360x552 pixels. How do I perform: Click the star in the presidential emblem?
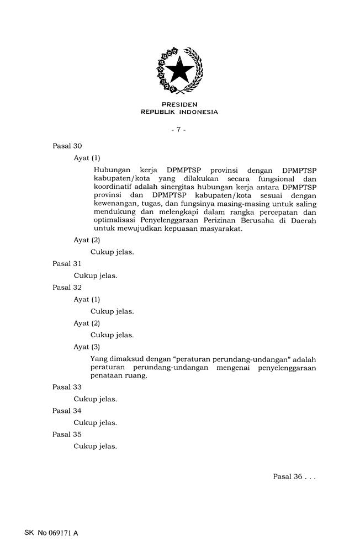[180, 72]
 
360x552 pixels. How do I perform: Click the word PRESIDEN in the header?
[179, 104]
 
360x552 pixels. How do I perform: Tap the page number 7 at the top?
[179, 130]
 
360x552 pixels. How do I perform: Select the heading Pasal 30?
[67, 146]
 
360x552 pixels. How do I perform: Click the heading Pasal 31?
[67, 264]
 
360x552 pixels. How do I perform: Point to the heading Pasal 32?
[67, 288]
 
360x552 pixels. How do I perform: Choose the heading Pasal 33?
[67, 388]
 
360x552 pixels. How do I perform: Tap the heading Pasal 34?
[67, 411]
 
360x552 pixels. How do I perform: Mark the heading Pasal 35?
[67, 434]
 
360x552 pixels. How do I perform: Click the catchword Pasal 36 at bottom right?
[294, 477]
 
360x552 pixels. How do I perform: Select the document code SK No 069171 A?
[51, 533]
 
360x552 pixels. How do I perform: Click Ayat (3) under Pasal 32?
[87, 347]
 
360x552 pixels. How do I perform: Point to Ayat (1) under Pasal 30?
[87, 158]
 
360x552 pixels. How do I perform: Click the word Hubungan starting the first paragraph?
[110, 170]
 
